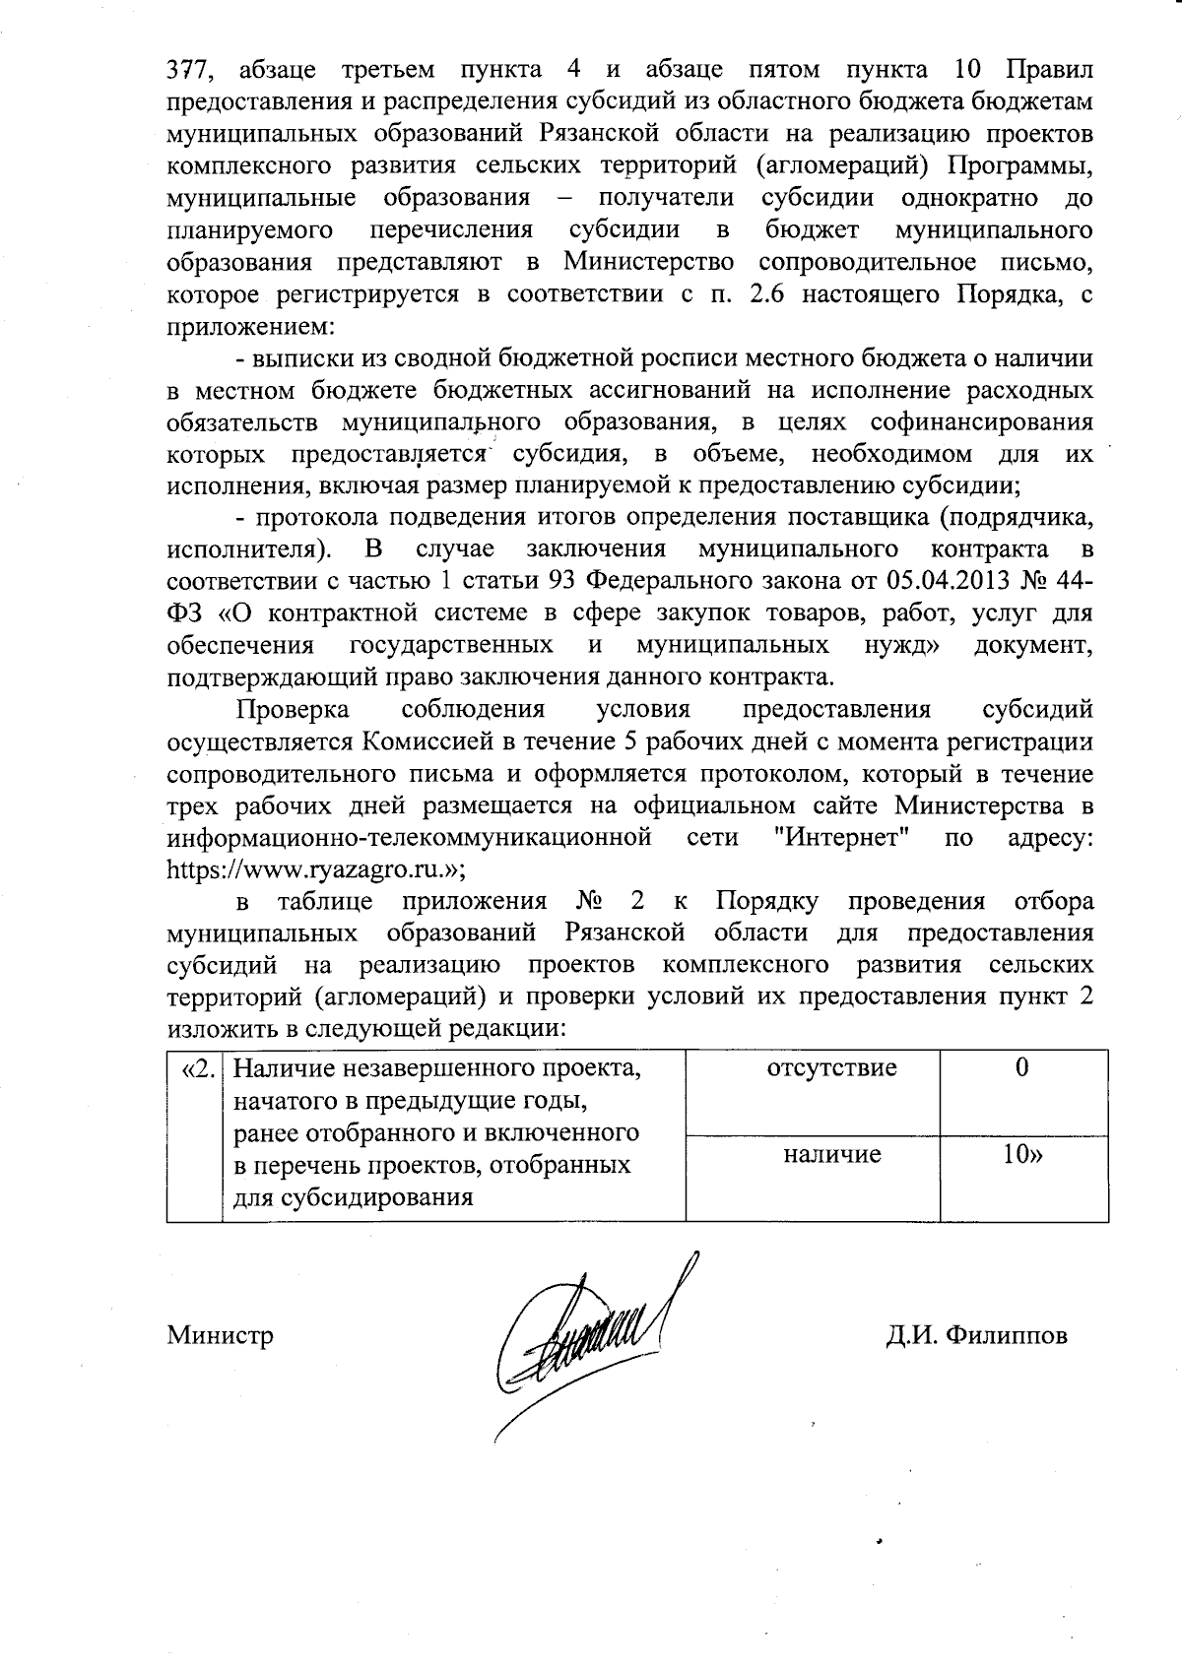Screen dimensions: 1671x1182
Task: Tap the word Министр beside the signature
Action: click(x=221, y=1335)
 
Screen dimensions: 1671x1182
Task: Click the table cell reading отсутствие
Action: click(x=832, y=1067)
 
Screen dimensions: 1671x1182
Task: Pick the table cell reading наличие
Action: click(x=832, y=1154)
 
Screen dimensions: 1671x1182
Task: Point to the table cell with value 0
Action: click(x=1022, y=1067)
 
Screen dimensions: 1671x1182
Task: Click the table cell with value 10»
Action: click(x=1022, y=1154)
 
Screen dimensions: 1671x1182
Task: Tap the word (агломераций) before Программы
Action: click(x=836, y=165)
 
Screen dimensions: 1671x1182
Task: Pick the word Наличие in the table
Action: click(x=287, y=1067)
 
